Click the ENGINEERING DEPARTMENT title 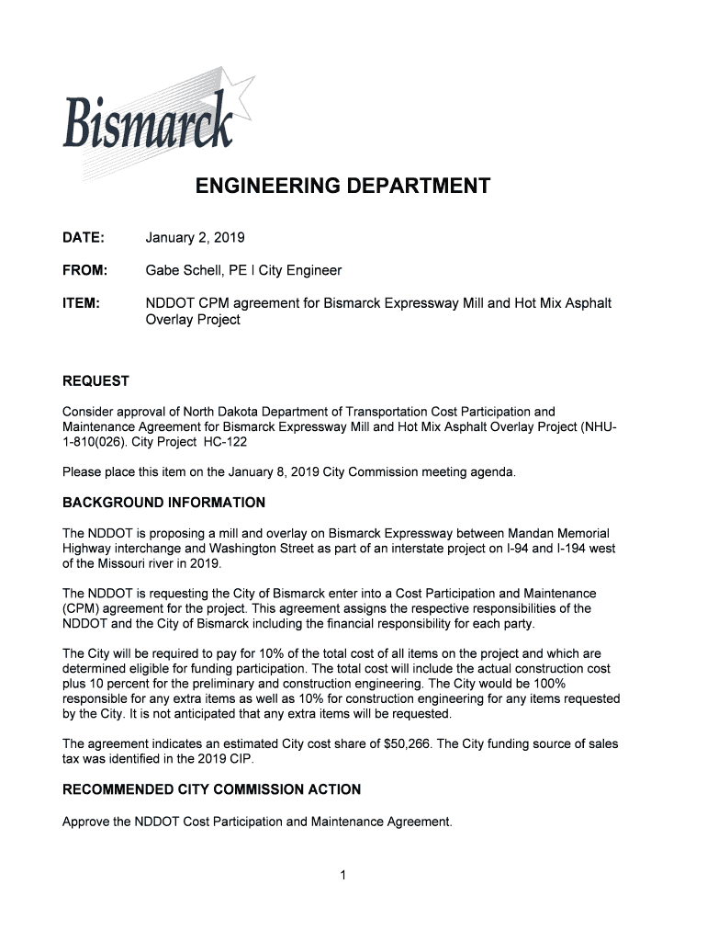[x=342, y=187]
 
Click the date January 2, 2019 [x=195, y=238]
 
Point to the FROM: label [x=85, y=270]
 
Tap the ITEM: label [x=81, y=302]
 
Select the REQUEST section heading [x=95, y=381]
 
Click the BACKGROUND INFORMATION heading [x=163, y=503]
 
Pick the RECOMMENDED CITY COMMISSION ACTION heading [x=211, y=789]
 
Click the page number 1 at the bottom [x=342, y=875]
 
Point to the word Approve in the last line [x=87, y=822]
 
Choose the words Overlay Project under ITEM [x=193, y=320]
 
